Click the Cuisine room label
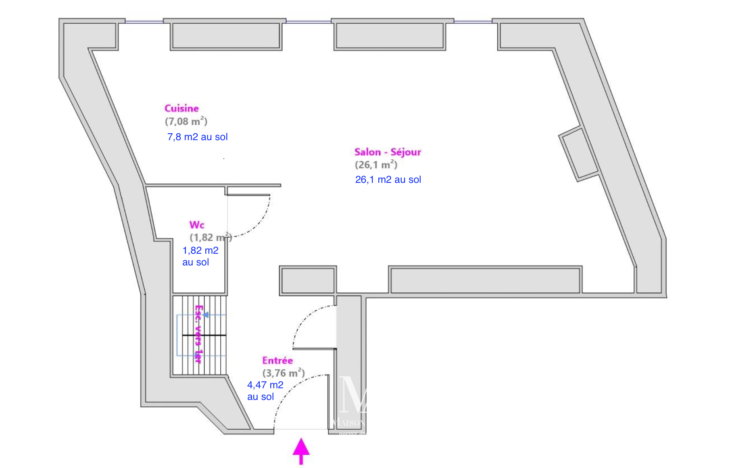coord(181,108)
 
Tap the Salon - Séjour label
coord(388,152)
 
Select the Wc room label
coord(197,225)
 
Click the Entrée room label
coord(277,360)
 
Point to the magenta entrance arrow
coord(301,451)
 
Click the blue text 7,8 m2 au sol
coord(197,137)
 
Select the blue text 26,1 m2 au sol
coord(388,180)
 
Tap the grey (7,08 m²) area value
coord(186,121)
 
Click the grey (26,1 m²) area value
coord(376,165)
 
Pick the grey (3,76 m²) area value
coord(284,373)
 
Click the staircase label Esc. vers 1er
coord(198,334)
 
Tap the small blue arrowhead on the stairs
coord(206,315)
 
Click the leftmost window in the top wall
coord(144,21)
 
